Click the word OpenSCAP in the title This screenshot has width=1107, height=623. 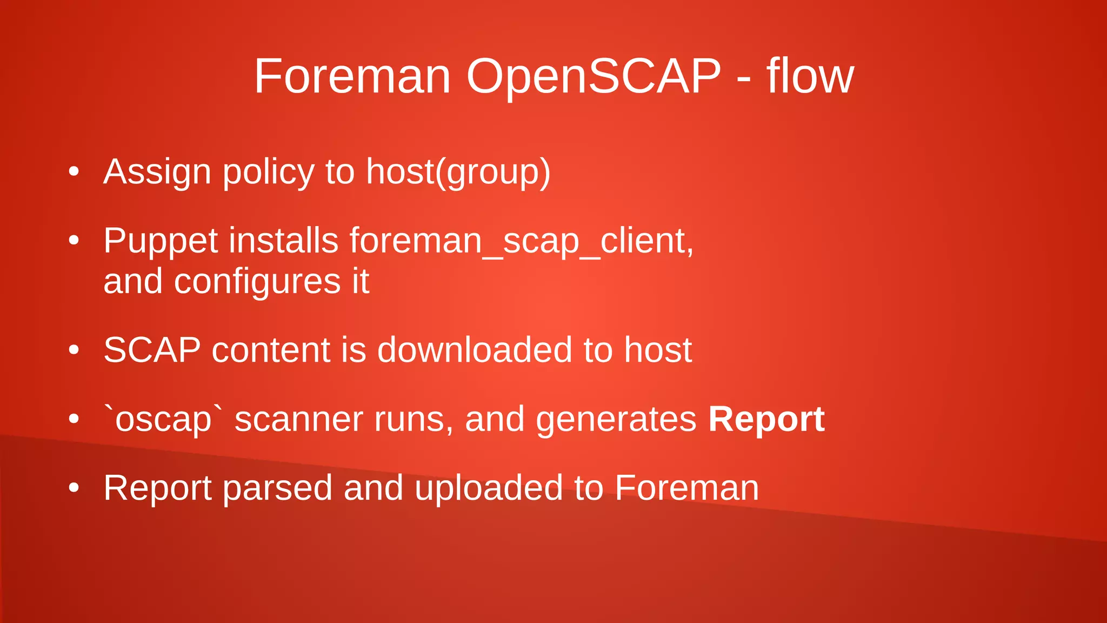[593, 77]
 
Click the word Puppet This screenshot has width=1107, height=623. [160, 241]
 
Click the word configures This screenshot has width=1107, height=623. [257, 282]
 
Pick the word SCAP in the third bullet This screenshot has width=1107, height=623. [152, 350]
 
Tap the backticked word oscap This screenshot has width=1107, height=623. [163, 420]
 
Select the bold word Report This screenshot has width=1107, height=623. [766, 419]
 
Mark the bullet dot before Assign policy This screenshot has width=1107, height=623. [74, 173]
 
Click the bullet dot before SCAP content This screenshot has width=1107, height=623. [74, 350]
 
